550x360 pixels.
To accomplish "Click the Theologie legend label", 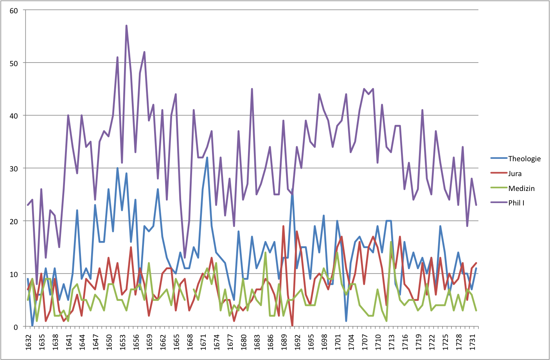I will pos(524,158).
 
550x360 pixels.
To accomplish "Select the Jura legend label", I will pos(515,173).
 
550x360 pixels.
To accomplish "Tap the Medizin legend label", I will pos(521,188).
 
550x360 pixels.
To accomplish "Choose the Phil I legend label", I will pos(516,203).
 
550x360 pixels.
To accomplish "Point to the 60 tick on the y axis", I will pos(14,11).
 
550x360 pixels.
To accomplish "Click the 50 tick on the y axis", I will pos(14,63).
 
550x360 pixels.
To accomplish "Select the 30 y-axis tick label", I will pos(14,169).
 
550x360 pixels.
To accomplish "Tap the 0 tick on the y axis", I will pos(16,327).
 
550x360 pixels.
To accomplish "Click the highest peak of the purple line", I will pos(126,26).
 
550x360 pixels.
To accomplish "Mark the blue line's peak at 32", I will pos(207,158).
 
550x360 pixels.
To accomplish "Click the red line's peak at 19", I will pos(283,226).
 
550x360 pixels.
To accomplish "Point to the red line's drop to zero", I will pos(292,326).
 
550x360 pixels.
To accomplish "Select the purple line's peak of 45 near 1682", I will pos(252,89).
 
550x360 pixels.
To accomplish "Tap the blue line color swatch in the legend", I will pos(498,158).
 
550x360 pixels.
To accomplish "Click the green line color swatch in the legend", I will pos(498,188).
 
